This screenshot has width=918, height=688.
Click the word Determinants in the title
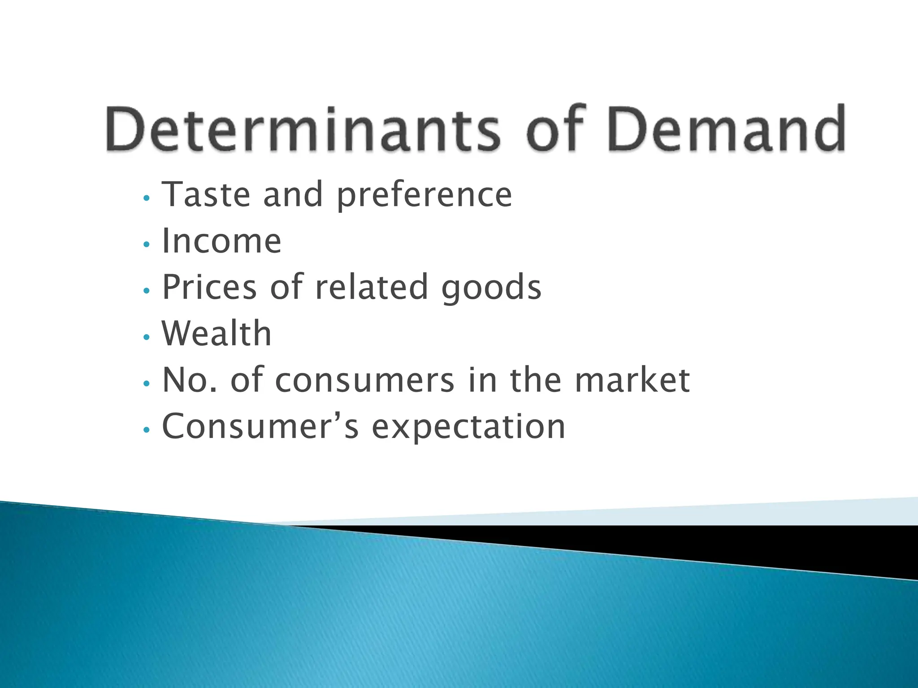point(303,129)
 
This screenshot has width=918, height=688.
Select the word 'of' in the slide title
point(557,129)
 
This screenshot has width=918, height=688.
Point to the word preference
point(424,195)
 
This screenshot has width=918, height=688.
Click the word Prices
point(209,287)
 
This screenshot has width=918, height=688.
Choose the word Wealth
point(217,334)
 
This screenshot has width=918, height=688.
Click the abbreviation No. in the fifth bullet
point(190,380)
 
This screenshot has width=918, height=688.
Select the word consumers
point(365,381)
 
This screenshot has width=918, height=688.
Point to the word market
point(632,380)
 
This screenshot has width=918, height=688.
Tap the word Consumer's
point(260,426)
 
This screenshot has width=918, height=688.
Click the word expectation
point(469,427)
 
